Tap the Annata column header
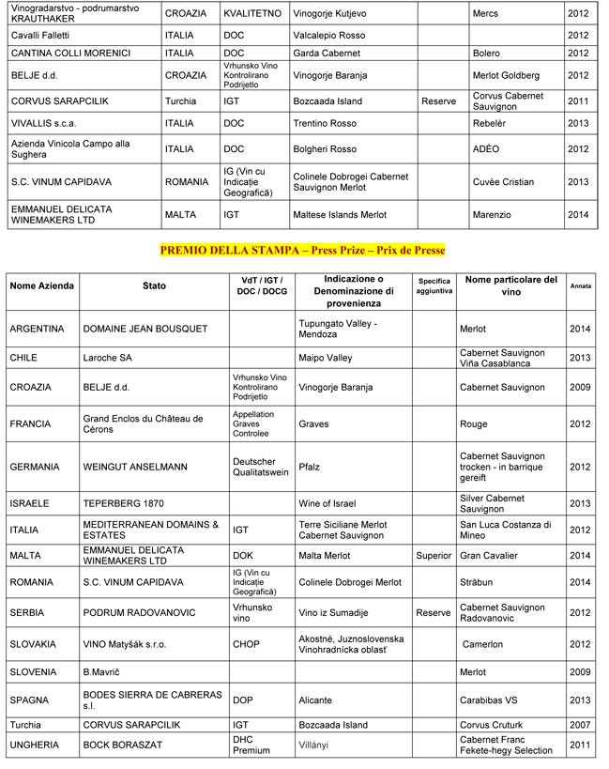coord(580,285)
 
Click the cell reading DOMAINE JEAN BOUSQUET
coord(137,330)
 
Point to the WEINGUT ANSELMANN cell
coord(136,467)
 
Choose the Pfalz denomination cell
coord(310,467)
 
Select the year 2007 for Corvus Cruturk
coord(579,726)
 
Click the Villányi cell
coord(315,746)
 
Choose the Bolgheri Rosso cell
coord(325,149)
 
